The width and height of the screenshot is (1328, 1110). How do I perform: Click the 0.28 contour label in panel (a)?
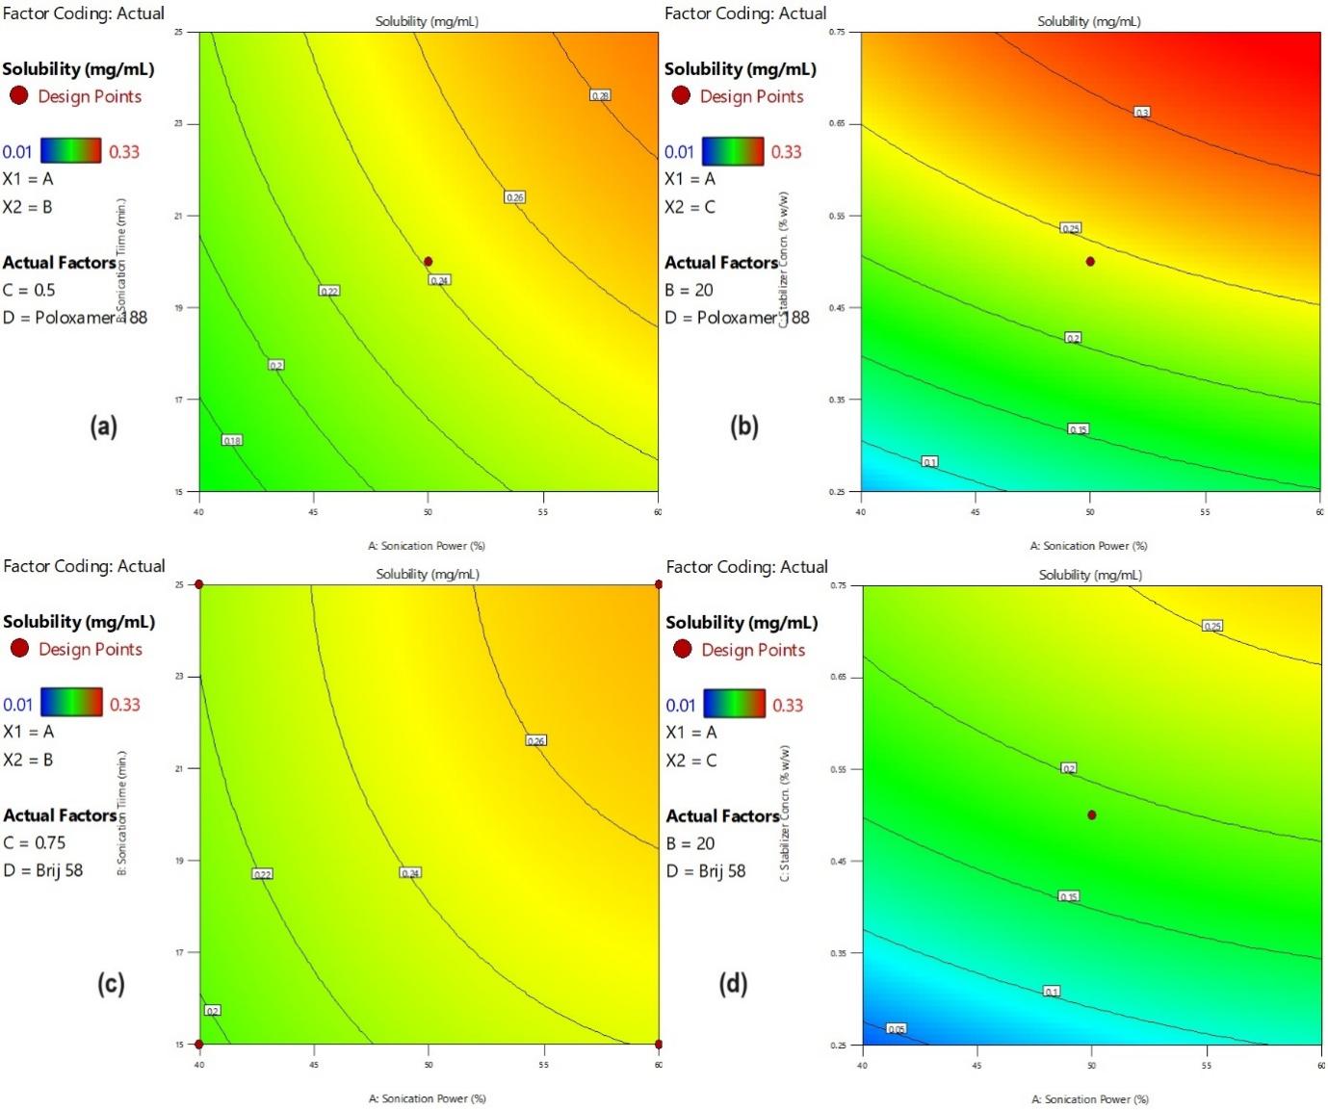point(600,95)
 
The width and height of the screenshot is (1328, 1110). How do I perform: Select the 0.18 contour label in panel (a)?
point(232,440)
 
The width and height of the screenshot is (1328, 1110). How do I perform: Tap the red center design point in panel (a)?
point(429,262)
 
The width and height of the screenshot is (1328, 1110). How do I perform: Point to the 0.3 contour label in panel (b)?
point(1141,113)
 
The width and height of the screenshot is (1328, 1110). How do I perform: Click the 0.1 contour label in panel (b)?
point(929,462)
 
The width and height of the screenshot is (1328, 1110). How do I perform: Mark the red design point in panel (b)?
point(1090,262)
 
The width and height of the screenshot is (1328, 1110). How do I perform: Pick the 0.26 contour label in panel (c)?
point(536,740)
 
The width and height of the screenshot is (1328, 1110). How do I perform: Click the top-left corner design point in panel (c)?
point(199,584)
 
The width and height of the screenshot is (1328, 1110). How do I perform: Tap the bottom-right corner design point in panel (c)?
point(659,1044)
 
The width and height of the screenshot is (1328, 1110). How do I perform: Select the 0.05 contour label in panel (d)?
point(896,1029)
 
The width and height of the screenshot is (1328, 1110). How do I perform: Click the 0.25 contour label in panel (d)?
point(1211,626)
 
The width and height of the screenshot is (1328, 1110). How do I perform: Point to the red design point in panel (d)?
point(1091,814)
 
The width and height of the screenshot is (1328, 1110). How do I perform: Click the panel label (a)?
point(103,426)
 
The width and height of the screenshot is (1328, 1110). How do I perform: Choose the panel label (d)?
point(733,983)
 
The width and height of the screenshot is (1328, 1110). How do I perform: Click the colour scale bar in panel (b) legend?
point(733,151)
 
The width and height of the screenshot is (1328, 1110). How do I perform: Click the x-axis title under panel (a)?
point(427,546)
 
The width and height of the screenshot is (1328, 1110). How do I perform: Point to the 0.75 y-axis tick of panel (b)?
point(837,33)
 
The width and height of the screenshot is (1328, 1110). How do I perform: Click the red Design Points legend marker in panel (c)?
point(19,648)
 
